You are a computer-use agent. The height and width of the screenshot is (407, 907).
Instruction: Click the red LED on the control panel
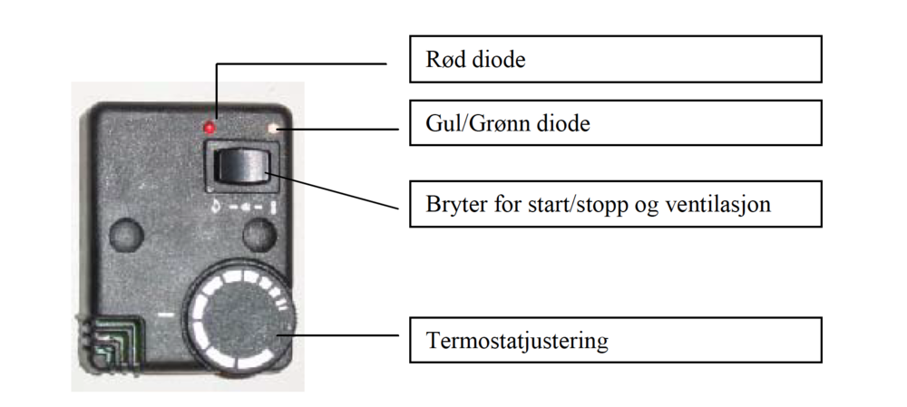[210, 127]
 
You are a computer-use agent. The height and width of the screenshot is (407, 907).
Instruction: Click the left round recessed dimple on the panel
[127, 236]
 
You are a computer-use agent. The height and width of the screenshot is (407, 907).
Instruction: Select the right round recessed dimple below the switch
[259, 236]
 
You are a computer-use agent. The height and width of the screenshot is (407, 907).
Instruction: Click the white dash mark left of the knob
[166, 315]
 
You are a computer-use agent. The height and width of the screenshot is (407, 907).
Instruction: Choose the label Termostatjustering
[517, 341]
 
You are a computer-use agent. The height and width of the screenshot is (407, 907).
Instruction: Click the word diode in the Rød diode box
[497, 59]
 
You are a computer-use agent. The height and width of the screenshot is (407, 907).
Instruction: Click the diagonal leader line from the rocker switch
[332, 190]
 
